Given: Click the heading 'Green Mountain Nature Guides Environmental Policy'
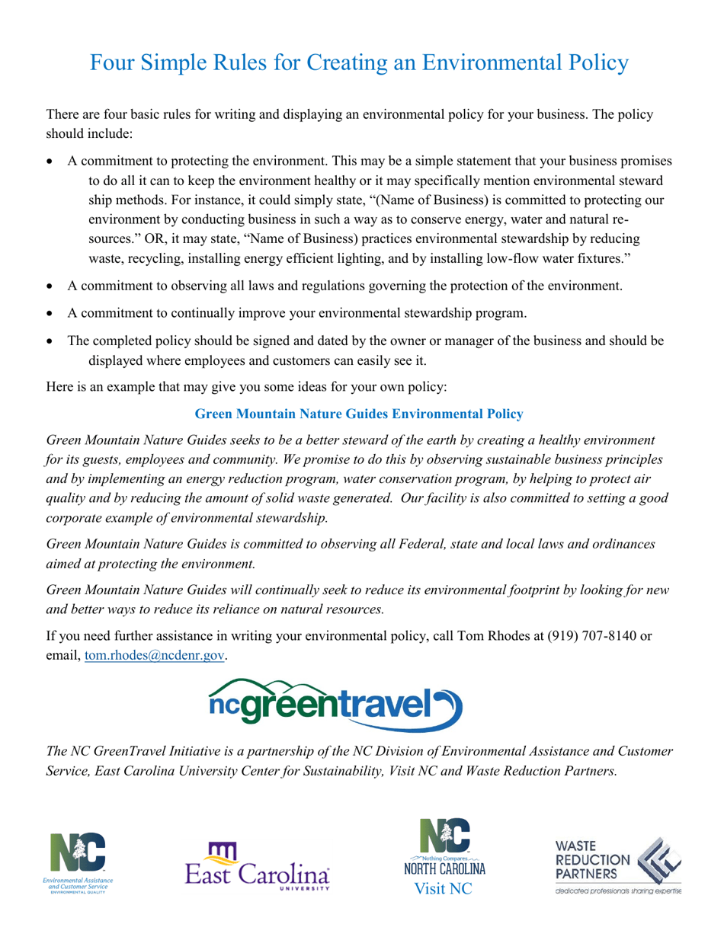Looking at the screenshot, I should pos(359,414).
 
